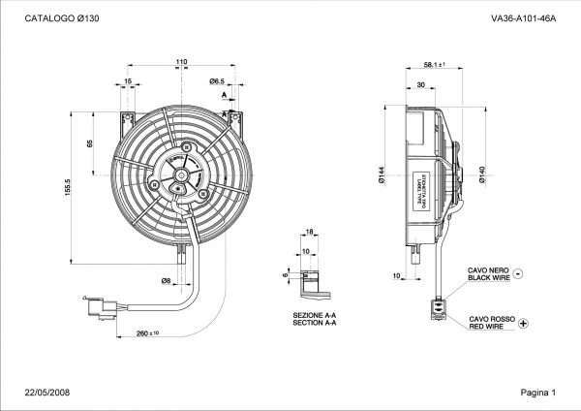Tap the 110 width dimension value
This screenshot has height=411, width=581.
click(181, 63)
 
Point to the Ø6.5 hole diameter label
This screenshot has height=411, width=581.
click(218, 81)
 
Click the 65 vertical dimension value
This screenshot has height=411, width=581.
click(90, 143)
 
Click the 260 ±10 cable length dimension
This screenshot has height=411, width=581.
click(147, 333)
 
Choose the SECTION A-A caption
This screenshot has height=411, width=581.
click(314, 323)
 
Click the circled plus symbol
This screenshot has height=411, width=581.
click(524, 322)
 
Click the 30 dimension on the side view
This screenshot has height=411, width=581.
click(420, 85)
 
